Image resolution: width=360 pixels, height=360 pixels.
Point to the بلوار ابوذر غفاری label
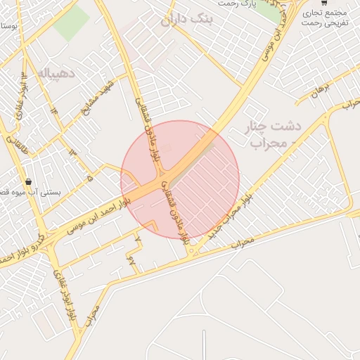[70, 281]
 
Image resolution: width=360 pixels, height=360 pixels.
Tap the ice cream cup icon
[28, 180]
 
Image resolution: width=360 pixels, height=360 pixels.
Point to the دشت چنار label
[275, 127]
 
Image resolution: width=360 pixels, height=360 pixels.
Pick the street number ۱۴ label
[53, 112]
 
